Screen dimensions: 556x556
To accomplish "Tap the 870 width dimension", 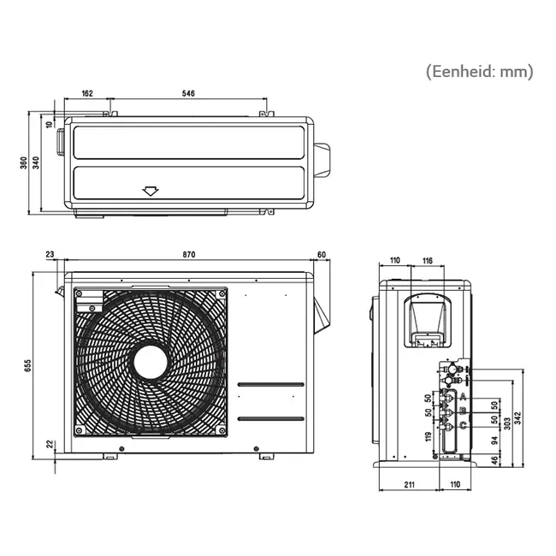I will click(x=188, y=255).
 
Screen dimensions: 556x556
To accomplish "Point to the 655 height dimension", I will click(x=27, y=365).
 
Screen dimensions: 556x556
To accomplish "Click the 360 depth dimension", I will click(x=22, y=163).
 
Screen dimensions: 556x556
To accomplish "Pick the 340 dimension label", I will click(x=35, y=163).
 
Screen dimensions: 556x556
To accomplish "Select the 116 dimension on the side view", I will click(x=428, y=260).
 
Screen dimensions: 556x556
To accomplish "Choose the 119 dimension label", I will click(x=429, y=438).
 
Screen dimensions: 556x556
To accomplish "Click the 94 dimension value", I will click(x=494, y=442).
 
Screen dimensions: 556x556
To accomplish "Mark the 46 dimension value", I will click(x=494, y=462).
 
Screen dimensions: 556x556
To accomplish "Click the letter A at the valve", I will click(x=462, y=398).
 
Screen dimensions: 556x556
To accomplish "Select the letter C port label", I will click(x=462, y=425).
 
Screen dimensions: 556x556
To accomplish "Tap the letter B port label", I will click(x=462, y=411).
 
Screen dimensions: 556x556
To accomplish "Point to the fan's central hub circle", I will click(x=151, y=361).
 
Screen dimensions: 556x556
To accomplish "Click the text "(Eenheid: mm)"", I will click(x=478, y=72).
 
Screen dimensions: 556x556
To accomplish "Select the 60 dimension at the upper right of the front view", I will click(x=322, y=255).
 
